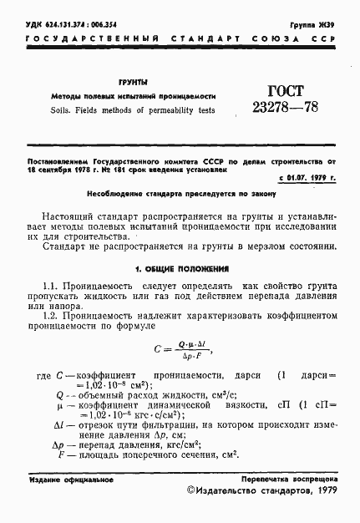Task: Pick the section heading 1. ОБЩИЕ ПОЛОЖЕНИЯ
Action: click(x=180, y=269)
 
